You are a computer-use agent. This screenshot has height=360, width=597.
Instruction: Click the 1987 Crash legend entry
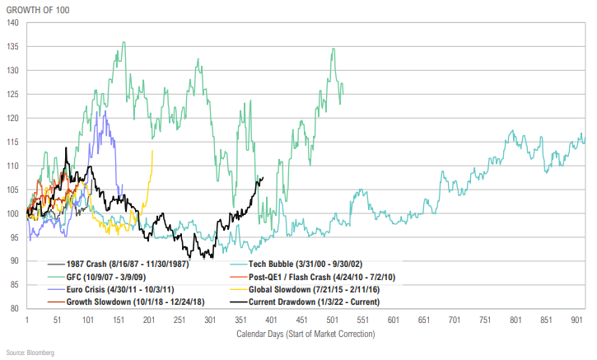click(x=116, y=263)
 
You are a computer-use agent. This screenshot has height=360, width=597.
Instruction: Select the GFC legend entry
click(x=94, y=276)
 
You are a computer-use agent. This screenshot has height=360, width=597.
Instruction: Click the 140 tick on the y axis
click(x=14, y=23)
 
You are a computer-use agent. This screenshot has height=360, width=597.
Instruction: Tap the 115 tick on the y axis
click(x=14, y=142)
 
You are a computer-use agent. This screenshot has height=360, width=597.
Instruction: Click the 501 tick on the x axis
click(x=333, y=320)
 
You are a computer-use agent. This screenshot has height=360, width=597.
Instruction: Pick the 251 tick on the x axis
click(x=180, y=320)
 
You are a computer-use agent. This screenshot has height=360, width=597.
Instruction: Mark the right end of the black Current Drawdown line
click(x=262, y=177)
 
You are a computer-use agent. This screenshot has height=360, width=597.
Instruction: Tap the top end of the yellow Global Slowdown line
click(x=152, y=151)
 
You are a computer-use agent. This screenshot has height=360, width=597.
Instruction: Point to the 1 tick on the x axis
click(x=27, y=320)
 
